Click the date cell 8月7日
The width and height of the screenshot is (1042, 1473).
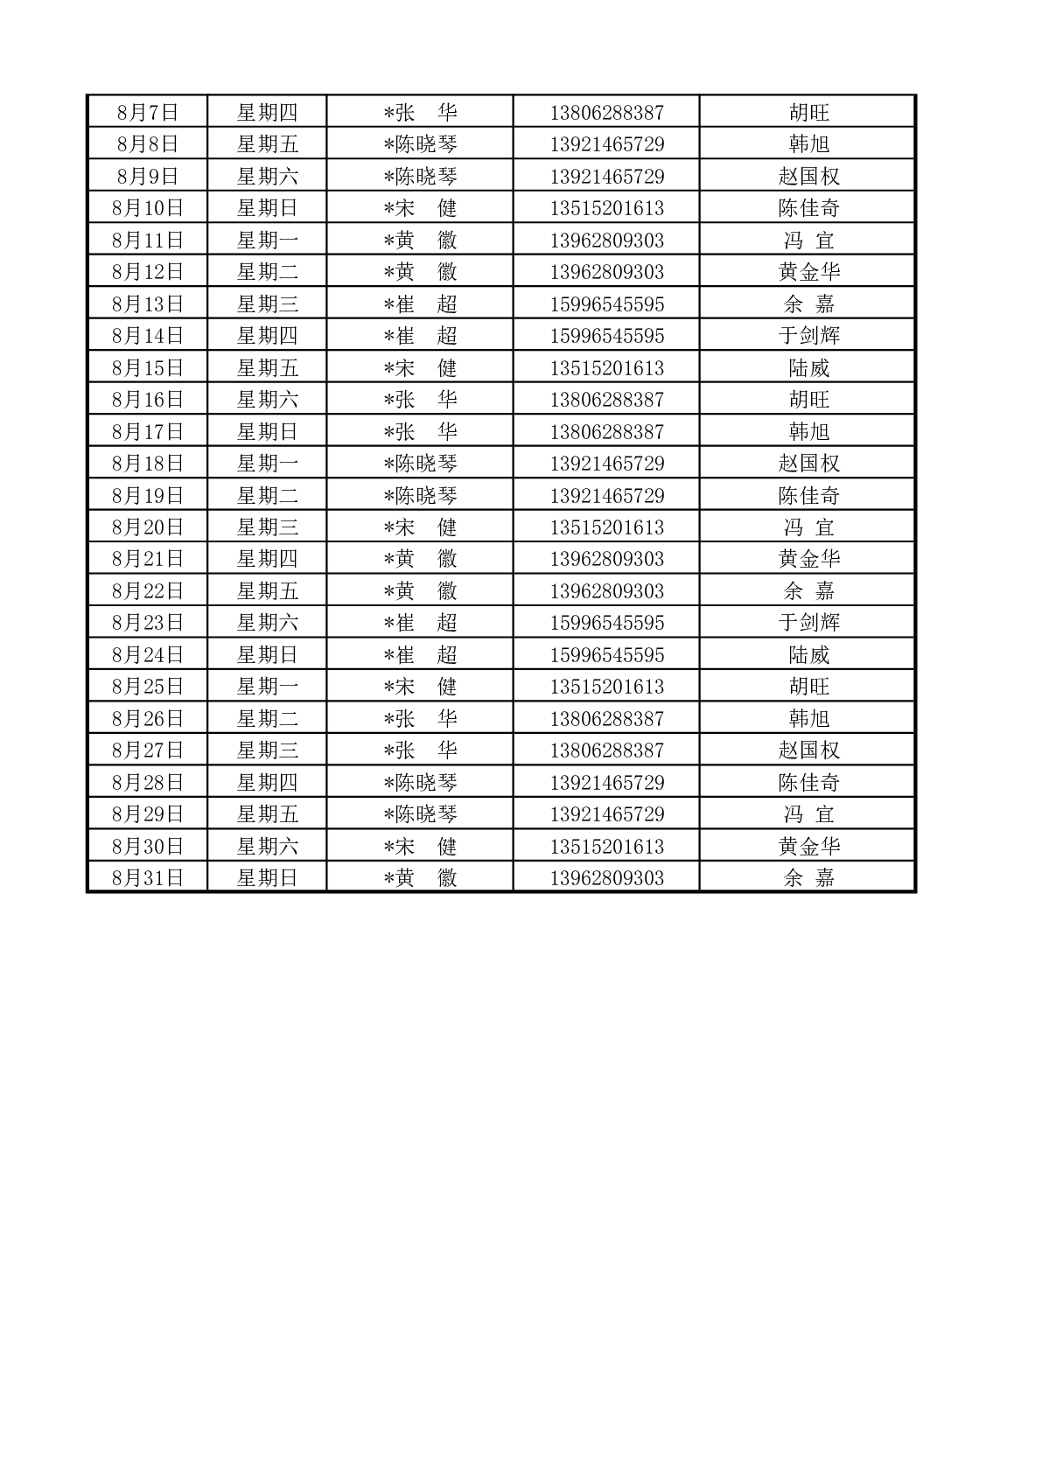point(147,112)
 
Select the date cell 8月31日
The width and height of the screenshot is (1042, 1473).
point(147,877)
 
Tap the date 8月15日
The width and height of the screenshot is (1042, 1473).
point(147,367)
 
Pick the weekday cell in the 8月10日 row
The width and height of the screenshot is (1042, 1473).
point(267,208)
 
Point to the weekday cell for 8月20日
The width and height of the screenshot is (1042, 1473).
point(267,527)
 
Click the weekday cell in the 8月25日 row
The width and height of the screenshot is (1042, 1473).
point(267,686)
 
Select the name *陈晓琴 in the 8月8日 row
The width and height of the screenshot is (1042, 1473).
point(420,144)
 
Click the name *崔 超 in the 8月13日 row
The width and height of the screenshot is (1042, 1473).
point(420,304)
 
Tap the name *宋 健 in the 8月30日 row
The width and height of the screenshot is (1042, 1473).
point(420,846)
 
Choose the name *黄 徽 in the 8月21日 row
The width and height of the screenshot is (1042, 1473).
point(420,559)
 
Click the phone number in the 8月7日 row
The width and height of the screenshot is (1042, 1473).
point(606,112)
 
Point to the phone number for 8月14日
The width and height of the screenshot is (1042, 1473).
point(606,336)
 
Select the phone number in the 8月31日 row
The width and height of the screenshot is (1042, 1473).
point(606,877)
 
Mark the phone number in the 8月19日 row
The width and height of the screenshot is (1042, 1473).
point(606,495)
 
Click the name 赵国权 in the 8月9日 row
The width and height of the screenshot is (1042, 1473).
point(808,176)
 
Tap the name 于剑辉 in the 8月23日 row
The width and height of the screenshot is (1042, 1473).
point(808,623)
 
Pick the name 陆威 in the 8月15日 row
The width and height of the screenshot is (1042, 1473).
point(808,367)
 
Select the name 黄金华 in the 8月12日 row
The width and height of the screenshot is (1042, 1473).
point(808,272)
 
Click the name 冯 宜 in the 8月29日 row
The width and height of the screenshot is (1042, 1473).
point(808,814)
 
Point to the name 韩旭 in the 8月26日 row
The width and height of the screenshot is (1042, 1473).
point(808,718)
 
